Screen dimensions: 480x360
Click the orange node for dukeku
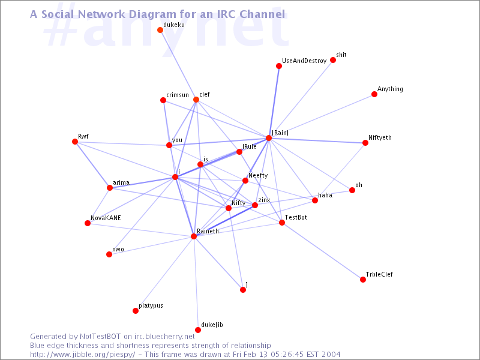click(x=160, y=30)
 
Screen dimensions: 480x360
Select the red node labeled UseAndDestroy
click(x=279, y=66)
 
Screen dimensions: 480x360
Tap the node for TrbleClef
click(x=363, y=280)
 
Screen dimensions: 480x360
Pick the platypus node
click(x=136, y=311)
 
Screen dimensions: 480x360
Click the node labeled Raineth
click(x=194, y=236)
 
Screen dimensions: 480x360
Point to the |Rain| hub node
click(x=269, y=138)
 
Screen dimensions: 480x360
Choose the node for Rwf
click(x=75, y=142)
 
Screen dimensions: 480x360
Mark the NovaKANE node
click(x=88, y=223)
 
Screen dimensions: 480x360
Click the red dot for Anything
click(x=374, y=94)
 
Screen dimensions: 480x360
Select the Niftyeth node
click(x=365, y=143)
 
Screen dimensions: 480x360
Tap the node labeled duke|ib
click(x=198, y=330)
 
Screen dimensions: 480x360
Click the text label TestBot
click(x=296, y=217)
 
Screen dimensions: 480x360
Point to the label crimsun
click(x=178, y=95)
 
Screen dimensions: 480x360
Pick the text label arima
click(x=121, y=183)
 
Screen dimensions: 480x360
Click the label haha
click(x=325, y=195)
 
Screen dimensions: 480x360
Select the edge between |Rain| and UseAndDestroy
click(x=274, y=102)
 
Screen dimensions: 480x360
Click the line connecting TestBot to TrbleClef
click(x=322, y=251)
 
